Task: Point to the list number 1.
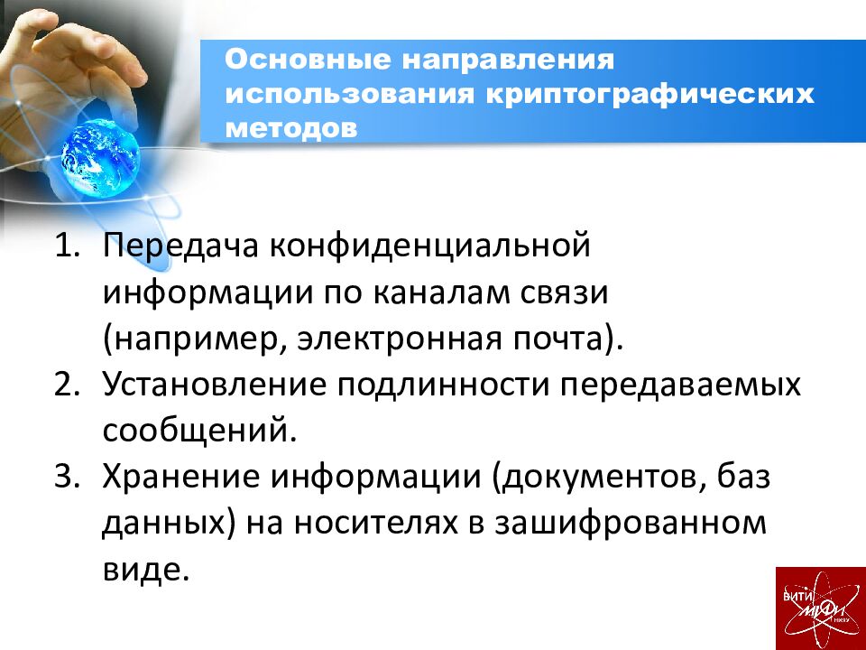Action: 68,247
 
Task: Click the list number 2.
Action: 68,385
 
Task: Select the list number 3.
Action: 68,477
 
